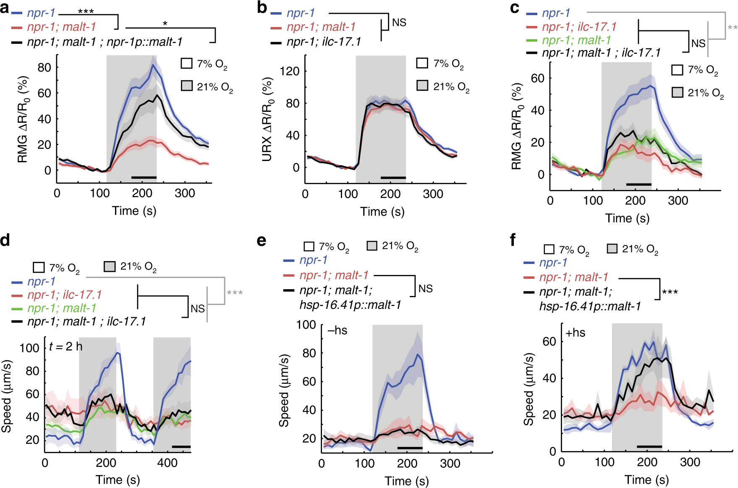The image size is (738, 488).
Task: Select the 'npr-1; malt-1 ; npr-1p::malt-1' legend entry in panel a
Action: [105, 42]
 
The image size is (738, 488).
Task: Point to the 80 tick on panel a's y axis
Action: [44, 67]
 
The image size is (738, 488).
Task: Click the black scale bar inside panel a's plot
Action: [144, 178]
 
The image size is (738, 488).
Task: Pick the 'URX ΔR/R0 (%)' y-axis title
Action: [267, 119]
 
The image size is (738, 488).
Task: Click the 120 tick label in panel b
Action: [290, 71]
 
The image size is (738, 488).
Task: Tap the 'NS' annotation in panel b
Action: [399, 23]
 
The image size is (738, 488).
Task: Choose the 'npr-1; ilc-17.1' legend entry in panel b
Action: [324, 42]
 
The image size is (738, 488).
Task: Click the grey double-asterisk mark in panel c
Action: [732, 28]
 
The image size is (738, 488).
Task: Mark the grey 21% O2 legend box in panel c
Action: [677, 92]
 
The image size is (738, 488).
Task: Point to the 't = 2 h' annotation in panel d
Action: [65, 346]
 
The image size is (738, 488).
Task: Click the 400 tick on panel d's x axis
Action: [167, 463]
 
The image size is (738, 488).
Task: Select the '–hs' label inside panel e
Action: [338, 331]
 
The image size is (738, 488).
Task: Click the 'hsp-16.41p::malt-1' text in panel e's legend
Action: [350, 305]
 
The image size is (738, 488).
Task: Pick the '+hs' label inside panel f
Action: [576, 333]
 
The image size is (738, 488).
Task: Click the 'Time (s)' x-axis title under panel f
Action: [646, 480]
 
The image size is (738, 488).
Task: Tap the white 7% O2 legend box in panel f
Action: [549, 249]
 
